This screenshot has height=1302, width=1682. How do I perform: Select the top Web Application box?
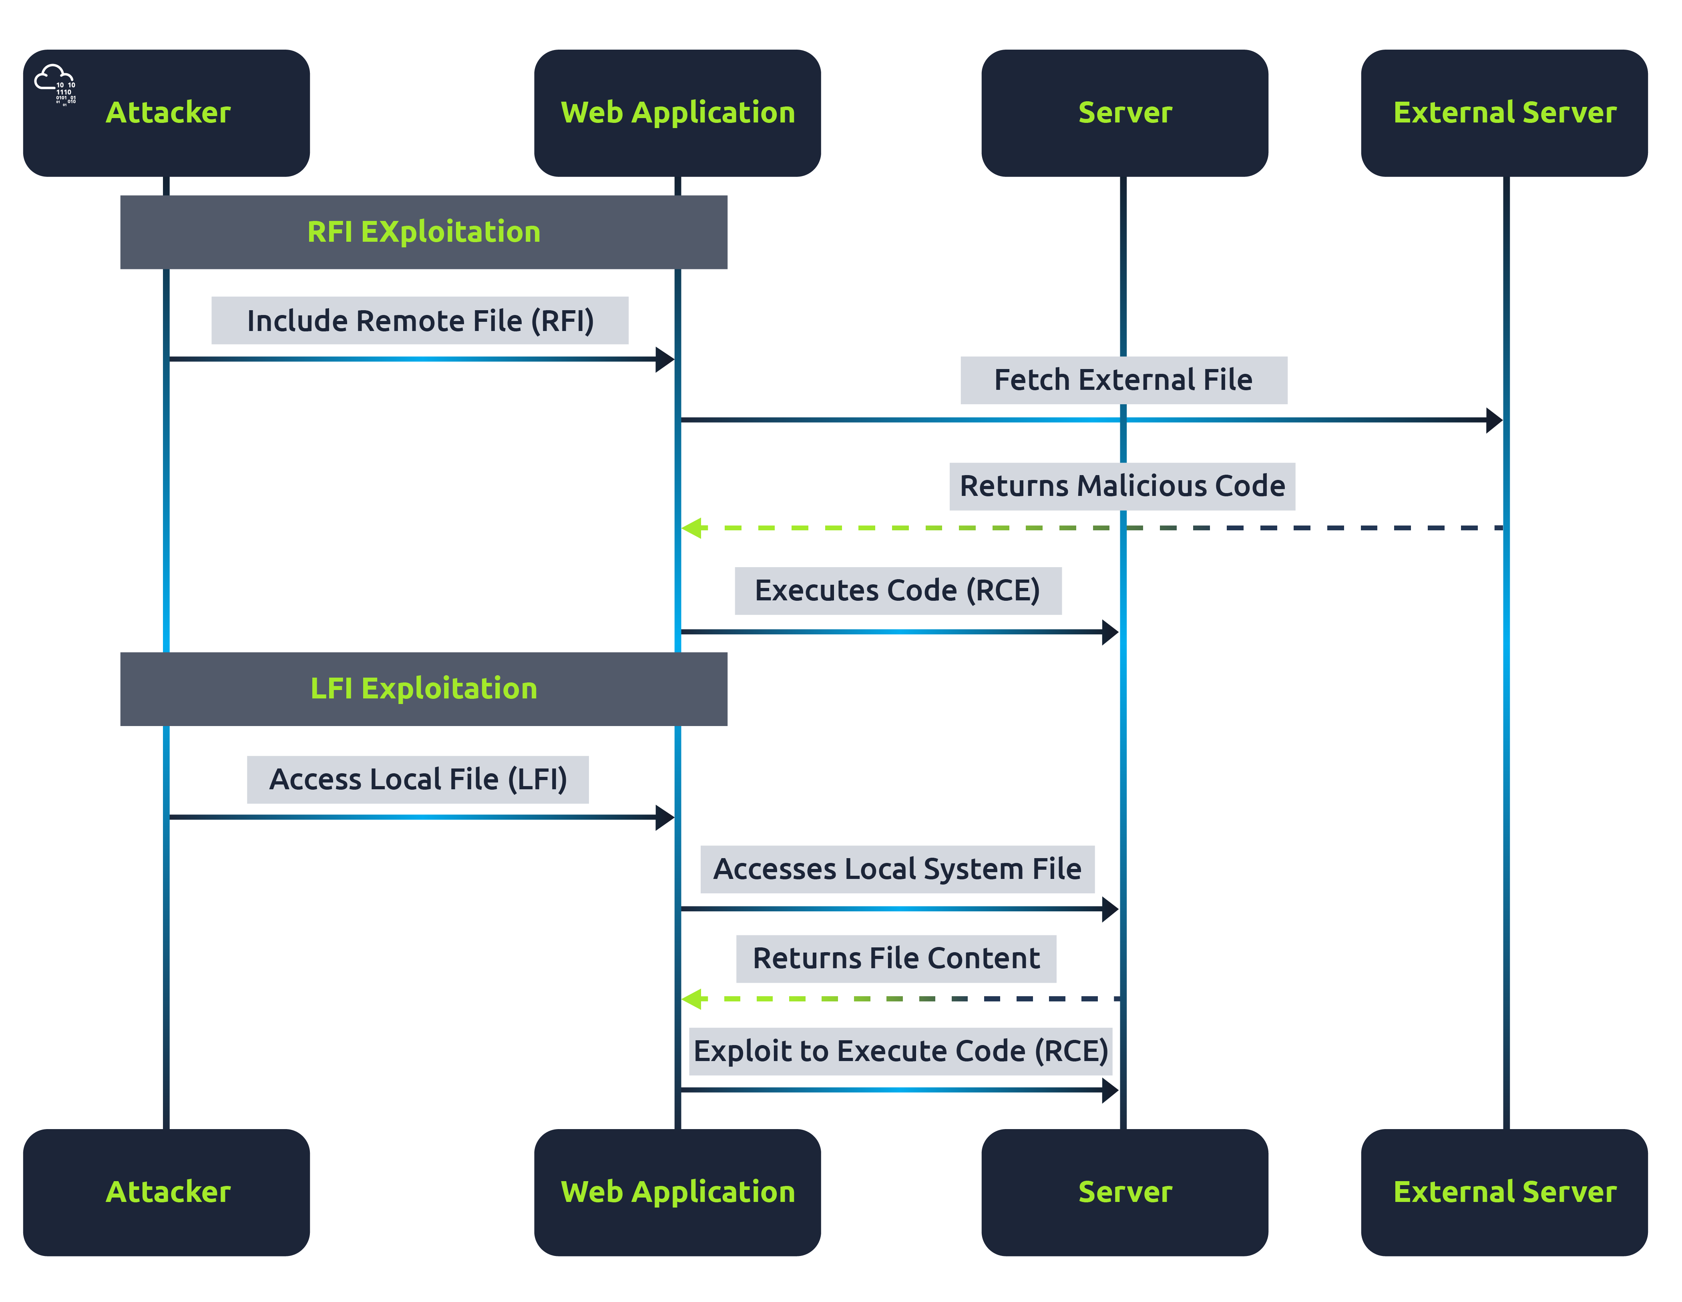(677, 113)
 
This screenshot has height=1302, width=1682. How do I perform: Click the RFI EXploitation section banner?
(424, 232)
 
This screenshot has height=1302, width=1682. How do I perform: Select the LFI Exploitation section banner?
(424, 688)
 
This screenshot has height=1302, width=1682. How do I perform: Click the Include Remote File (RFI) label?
(420, 320)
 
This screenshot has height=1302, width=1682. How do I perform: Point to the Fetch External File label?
(1123, 379)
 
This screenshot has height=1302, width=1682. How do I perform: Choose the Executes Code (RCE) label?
(897, 590)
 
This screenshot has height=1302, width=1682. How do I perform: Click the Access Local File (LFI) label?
(418, 779)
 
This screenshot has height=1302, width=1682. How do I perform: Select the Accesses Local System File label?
(897, 869)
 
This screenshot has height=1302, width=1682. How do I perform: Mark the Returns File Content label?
(896, 959)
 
